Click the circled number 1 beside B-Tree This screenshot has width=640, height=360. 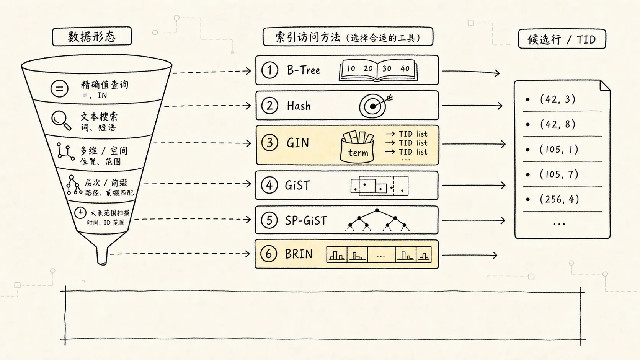pyautogui.click(x=269, y=70)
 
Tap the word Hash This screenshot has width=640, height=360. pyautogui.click(x=299, y=106)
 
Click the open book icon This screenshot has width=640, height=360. pyautogui.click(x=378, y=70)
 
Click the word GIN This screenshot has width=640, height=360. pyautogui.click(x=298, y=143)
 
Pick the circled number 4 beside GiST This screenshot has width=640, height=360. pyautogui.click(x=269, y=185)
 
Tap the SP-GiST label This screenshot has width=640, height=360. pyautogui.click(x=306, y=220)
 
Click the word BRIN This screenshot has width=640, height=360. pyautogui.click(x=299, y=254)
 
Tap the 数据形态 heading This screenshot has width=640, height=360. pyautogui.click(x=92, y=37)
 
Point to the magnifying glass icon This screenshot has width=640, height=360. pyautogui.click(x=61, y=121)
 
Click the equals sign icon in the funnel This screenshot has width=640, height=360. pyautogui.click(x=59, y=88)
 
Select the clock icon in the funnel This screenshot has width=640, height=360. pyautogui.click(x=80, y=213)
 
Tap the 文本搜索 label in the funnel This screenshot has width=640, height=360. pyautogui.click(x=99, y=116)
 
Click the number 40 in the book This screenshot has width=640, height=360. pyautogui.click(x=405, y=68)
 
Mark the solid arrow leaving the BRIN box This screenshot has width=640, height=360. pyautogui.click(x=470, y=255)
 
